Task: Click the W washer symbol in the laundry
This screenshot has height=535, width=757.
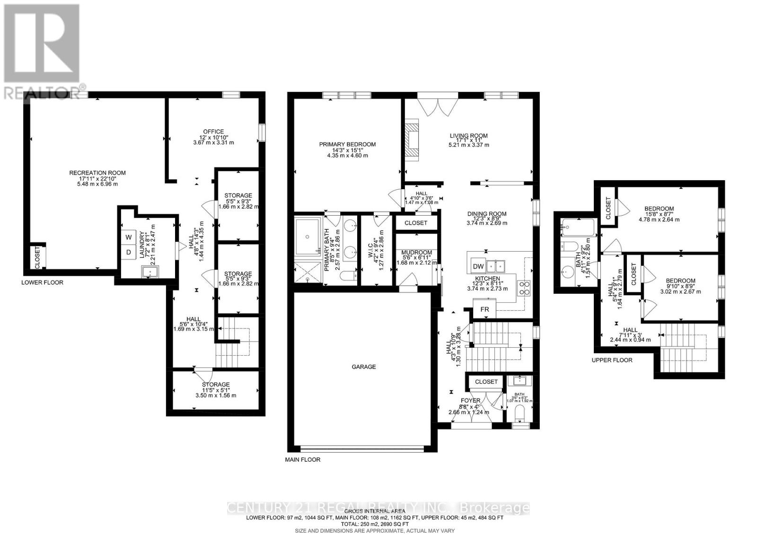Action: click(x=128, y=237)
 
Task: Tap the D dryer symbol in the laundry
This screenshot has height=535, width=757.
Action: click(x=128, y=253)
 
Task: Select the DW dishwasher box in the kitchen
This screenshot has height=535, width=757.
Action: click(x=478, y=266)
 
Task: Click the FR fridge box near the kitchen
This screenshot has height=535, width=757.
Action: click(x=484, y=310)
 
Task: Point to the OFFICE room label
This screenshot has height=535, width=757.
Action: click(x=213, y=132)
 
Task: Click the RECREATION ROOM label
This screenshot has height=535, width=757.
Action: click(x=97, y=173)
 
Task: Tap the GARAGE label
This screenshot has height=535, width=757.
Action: click(x=363, y=367)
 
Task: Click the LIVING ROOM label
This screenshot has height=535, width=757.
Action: click(x=468, y=136)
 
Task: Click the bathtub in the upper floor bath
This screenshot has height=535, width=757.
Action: click(x=578, y=228)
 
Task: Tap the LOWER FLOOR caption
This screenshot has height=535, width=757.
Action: click(x=42, y=282)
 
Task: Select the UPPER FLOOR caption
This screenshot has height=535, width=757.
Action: click(x=612, y=360)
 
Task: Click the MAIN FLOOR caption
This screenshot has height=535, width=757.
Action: click(x=302, y=459)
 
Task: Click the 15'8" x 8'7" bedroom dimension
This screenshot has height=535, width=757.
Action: click(x=659, y=214)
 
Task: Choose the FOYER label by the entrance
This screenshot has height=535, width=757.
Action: click(x=470, y=401)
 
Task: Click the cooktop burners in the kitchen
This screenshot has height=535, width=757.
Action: click(x=525, y=288)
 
